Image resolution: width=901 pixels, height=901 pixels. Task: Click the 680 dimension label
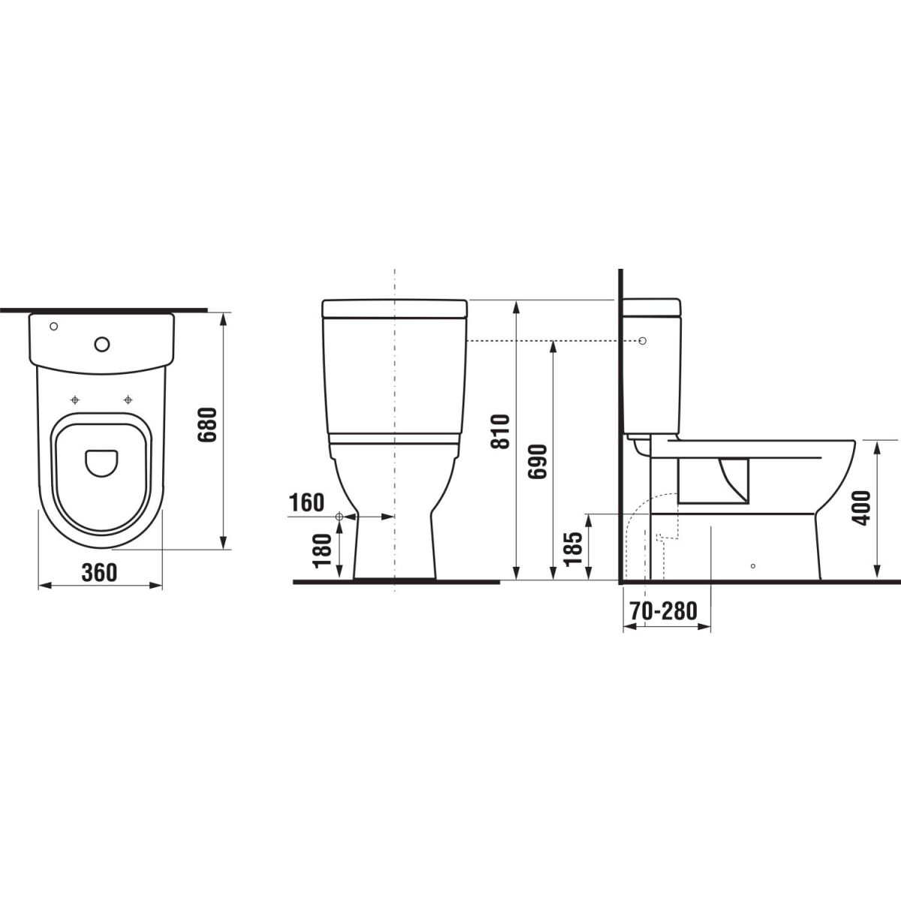[x=207, y=424]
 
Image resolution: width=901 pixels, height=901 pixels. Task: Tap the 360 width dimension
[x=100, y=572]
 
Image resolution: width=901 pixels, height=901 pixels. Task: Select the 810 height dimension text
[x=500, y=432]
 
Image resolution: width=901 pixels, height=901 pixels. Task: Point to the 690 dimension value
[x=538, y=462]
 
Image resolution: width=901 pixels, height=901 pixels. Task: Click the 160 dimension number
[x=307, y=502]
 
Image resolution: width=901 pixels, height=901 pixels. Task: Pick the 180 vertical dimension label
[x=323, y=550]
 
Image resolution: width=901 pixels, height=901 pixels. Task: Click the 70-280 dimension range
[x=664, y=610]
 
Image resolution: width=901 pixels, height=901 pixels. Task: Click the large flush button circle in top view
[x=102, y=345]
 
